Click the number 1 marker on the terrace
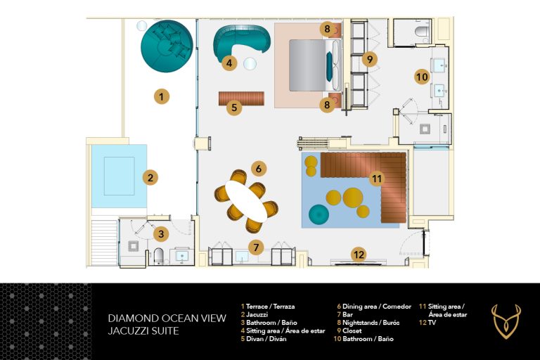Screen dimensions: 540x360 162,97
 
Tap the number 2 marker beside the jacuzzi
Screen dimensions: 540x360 150,178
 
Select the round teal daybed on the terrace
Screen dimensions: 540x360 167,46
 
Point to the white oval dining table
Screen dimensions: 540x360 247,202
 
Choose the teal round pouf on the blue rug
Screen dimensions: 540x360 319,214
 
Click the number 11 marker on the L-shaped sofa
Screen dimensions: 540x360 377,179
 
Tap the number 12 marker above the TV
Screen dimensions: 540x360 359,255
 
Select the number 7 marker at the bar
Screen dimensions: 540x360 256,247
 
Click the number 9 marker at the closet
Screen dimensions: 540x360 370,59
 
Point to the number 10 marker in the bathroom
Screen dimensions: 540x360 422,77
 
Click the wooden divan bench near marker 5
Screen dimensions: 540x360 242,98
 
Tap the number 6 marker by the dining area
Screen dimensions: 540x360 259,169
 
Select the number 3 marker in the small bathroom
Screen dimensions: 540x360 161,234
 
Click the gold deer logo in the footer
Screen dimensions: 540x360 506,321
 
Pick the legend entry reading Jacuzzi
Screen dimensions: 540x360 257,314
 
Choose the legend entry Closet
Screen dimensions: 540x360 352,330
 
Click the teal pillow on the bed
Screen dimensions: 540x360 330,65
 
